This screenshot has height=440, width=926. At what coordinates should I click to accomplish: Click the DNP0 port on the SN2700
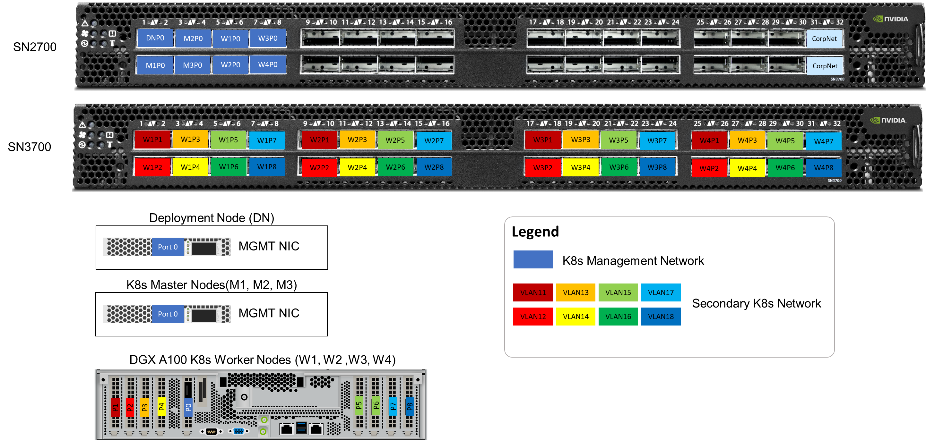click(155, 38)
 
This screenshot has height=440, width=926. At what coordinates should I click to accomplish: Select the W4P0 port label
click(268, 65)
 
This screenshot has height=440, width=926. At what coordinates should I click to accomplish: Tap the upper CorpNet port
click(824, 39)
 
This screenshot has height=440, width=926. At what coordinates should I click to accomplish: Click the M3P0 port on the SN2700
click(193, 65)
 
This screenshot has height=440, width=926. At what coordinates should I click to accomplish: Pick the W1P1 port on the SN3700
click(152, 140)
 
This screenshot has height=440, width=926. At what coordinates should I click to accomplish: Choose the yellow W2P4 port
click(357, 167)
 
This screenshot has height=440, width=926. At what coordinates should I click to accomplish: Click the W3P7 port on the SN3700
click(657, 141)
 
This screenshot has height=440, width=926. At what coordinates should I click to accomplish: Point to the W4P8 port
click(824, 168)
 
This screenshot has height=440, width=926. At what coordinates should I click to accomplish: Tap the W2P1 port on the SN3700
click(320, 140)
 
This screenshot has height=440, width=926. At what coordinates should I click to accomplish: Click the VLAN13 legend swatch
click(576, 292)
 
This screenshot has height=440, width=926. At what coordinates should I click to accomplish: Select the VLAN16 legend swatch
click(618, 317)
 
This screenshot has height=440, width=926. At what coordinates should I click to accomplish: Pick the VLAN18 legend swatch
click(661, 317)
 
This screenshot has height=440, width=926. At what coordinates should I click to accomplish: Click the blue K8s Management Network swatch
click(533, 259)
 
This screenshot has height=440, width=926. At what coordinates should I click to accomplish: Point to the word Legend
click(535, 232)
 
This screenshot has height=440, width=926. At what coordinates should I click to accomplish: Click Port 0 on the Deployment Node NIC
click(168, 247)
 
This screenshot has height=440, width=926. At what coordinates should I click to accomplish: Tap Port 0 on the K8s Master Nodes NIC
click(168, 314)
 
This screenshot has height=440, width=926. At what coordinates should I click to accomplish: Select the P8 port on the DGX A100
click(410, 407)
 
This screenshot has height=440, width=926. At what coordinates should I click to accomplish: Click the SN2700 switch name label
click(35, 47)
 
